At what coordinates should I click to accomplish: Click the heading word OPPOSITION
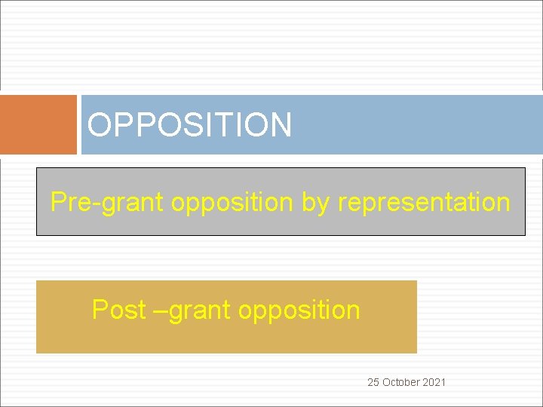point(189,125)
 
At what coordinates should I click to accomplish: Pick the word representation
point(424,203)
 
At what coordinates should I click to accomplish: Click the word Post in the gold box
point(118,310)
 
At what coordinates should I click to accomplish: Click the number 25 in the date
point(373,382)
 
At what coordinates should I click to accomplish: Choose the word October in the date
point(400,382)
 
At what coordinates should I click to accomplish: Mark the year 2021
point(434,382)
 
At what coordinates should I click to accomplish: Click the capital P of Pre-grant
point(57,202)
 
